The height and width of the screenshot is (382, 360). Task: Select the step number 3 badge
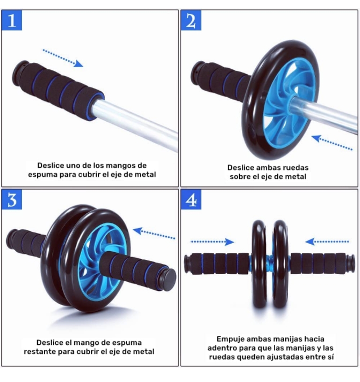tap(12, 199)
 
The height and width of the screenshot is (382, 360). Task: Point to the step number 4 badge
tap(191, 199)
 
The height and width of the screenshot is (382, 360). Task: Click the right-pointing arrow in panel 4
tap(212, 242)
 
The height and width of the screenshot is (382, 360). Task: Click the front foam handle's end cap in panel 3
tap(167, 279)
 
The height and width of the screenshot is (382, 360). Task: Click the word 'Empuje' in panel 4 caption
tap(230, 339)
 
